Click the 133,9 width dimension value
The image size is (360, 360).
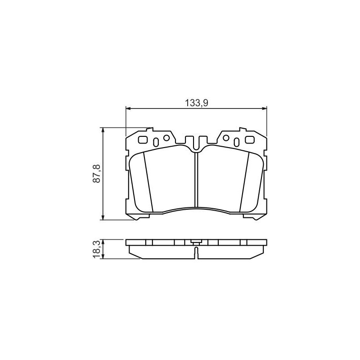pos(197,103)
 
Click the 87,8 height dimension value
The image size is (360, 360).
pos(97,173)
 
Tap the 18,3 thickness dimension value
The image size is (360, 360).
pos(97,249)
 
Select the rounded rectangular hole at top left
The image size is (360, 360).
pos(143,139)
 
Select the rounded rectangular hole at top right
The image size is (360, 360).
pos(250,139)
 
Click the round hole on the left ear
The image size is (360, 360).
pos(166,138)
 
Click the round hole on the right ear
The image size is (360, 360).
pos(226,138)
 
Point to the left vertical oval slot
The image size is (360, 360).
pos(156,142)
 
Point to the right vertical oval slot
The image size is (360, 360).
pos(237,142)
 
